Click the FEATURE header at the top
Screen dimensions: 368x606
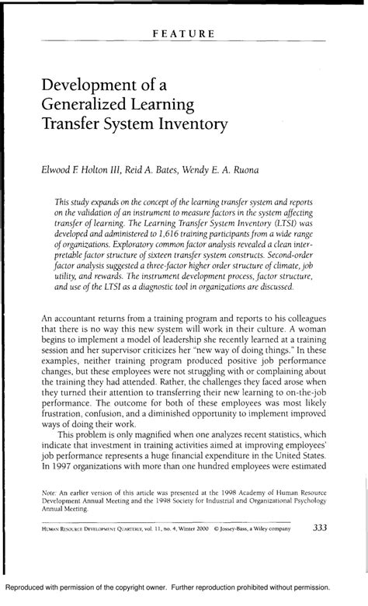184,34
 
